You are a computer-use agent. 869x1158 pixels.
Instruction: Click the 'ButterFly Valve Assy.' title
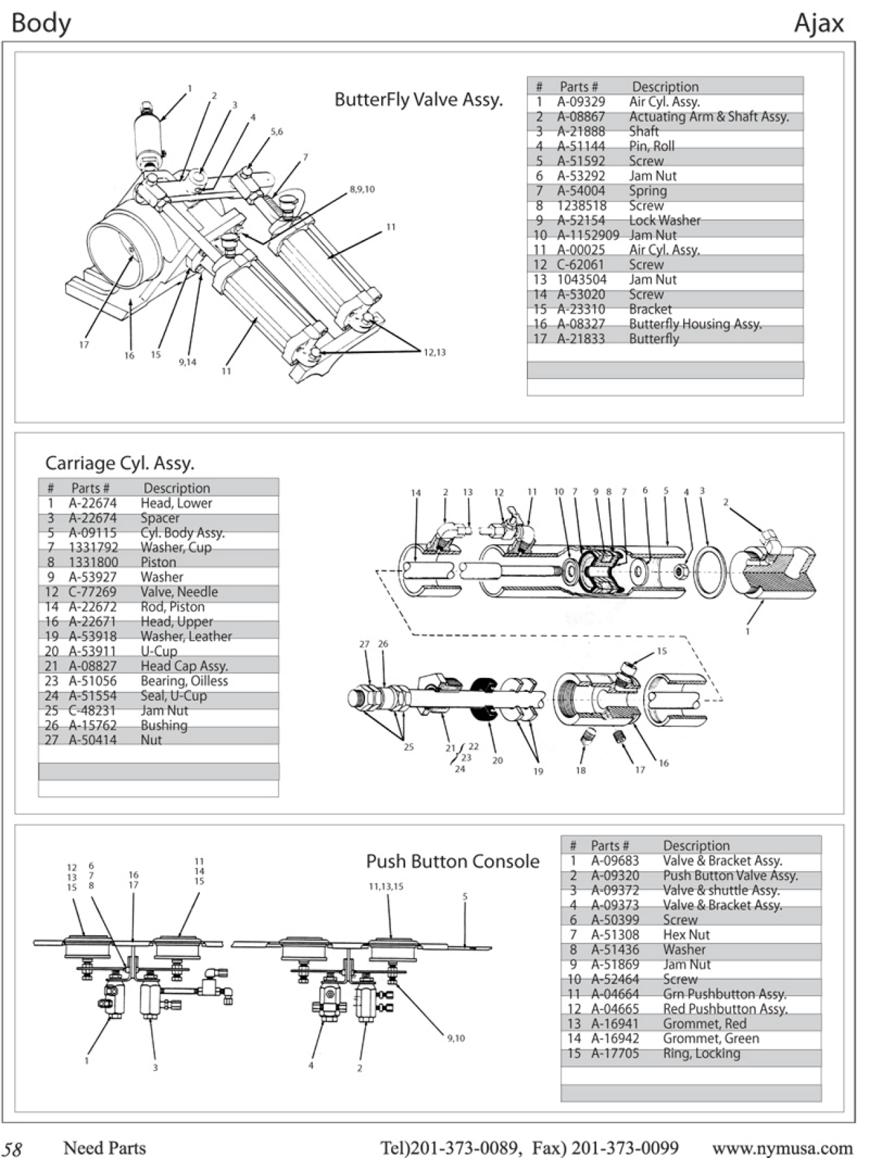click(418, 100)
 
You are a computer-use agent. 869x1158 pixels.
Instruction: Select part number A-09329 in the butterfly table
click(581, 102)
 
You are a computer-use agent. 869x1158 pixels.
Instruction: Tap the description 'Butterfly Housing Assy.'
click(695, 324)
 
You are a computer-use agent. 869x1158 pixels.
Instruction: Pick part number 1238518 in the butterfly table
click(582, 206)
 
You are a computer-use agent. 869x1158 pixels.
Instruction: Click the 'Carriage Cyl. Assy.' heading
click(120, 463)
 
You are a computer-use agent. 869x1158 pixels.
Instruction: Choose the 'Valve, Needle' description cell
click(178, 592)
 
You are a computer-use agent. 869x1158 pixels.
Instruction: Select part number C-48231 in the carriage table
click(92, 711)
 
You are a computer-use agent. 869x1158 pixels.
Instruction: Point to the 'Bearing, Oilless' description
click(184, 681)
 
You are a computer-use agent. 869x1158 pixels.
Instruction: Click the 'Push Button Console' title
click(453, 861)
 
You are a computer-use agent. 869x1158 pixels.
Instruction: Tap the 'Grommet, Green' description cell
click(711, 1038)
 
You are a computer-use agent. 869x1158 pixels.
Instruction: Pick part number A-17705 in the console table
click(615, 1053)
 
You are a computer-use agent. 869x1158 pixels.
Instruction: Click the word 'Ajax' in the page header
click(819, 23)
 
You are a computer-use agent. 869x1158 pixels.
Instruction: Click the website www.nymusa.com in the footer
click(782, 1148)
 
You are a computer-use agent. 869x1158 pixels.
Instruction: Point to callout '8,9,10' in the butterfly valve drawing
click(362, 189)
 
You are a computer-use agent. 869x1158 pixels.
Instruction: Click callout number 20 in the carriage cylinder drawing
click(497, 760)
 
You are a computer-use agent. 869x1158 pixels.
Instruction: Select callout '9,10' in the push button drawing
click(456, 1038)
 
